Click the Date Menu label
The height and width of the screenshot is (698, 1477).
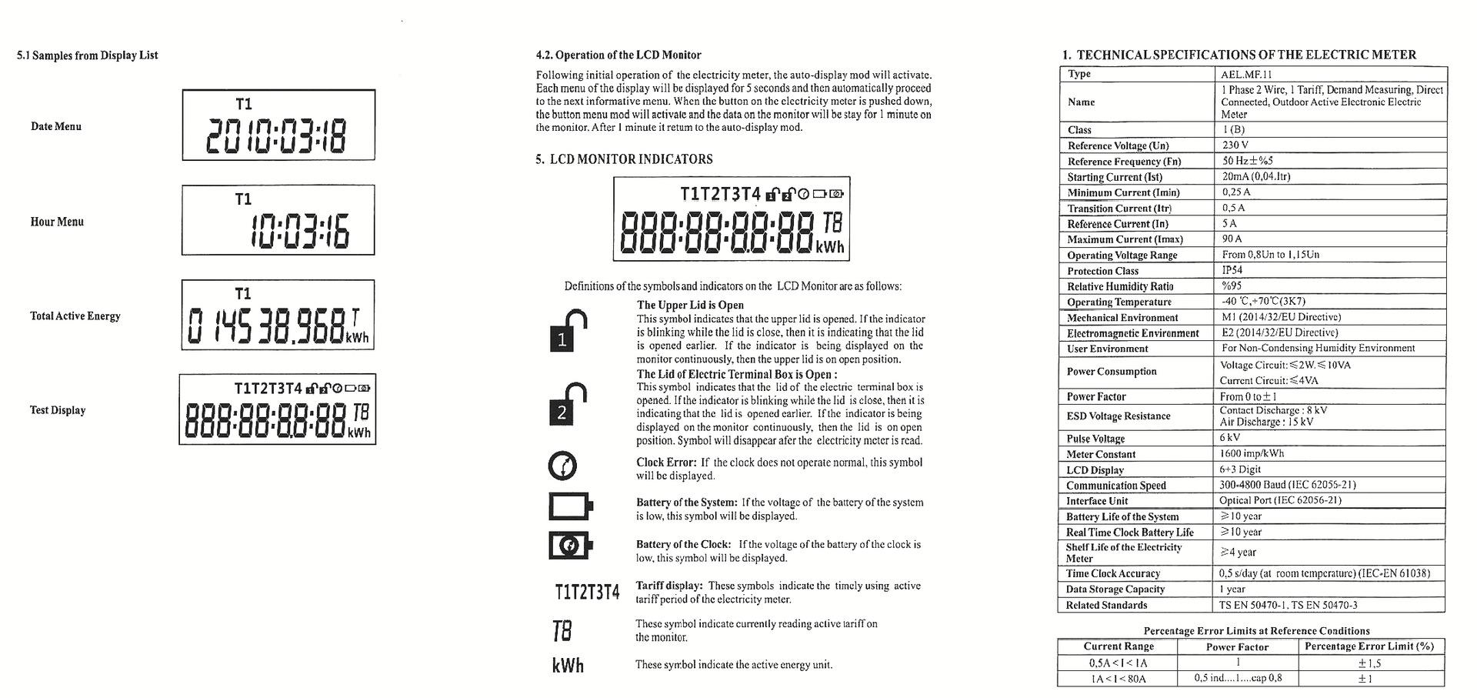tap(56, 126)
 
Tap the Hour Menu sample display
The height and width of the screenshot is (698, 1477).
tap(278, 220)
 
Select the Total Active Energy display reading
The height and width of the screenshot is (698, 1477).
tap(278, 315)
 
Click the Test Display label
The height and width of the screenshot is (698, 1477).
tap(58, 410)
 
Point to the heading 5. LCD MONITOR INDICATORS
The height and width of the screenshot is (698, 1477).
tap(624, 159)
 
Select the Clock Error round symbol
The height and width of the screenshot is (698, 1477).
tap(562, 466)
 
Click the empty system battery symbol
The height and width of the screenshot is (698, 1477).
tap(571, 506)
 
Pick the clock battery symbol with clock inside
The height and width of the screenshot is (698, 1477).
tap(571, 546)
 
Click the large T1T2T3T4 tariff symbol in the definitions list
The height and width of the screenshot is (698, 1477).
tap(587, 592)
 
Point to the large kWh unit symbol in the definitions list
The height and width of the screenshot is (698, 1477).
tap(568, 665)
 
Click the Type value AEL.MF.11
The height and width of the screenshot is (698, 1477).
tap(1246, 75)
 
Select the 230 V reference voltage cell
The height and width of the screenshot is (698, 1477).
tap(1235, 145)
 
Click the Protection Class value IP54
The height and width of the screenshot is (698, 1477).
tap(1232, 270)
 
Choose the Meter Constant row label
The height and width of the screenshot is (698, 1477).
tap(1101, 454)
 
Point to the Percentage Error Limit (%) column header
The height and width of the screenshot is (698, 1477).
tap(1369, 646)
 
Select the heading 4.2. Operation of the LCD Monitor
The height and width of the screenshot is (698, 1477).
tap(618, 55)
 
